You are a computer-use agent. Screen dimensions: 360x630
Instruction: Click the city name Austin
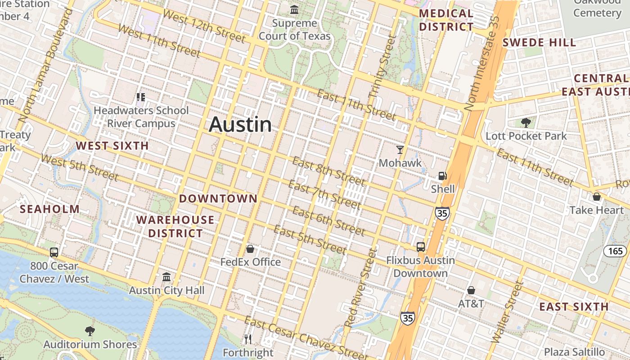240,125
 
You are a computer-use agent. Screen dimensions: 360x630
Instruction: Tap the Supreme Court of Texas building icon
295,9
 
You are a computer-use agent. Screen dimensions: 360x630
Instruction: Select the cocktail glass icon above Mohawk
400,150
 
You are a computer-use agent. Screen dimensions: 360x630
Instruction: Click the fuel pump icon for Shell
443,176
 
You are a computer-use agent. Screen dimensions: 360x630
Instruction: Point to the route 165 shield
615,251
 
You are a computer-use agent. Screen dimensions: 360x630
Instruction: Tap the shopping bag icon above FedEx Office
250,249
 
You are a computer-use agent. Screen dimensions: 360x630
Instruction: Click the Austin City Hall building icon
166,277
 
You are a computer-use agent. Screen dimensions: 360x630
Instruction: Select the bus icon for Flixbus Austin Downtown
421,247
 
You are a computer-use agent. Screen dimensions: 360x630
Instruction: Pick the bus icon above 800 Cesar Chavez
54,252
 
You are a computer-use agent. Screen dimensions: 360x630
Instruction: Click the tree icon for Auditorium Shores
90,331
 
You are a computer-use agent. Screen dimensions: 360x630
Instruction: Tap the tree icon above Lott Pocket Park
526,122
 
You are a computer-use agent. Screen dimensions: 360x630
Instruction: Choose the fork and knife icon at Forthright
248,339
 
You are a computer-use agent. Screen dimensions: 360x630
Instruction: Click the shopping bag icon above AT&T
471,290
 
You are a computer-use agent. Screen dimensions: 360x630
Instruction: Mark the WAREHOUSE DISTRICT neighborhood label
175,226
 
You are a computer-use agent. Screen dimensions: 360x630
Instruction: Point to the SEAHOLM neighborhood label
50,209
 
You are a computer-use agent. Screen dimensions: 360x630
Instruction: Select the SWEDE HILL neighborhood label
539,43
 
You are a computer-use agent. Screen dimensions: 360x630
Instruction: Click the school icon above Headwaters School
141,97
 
